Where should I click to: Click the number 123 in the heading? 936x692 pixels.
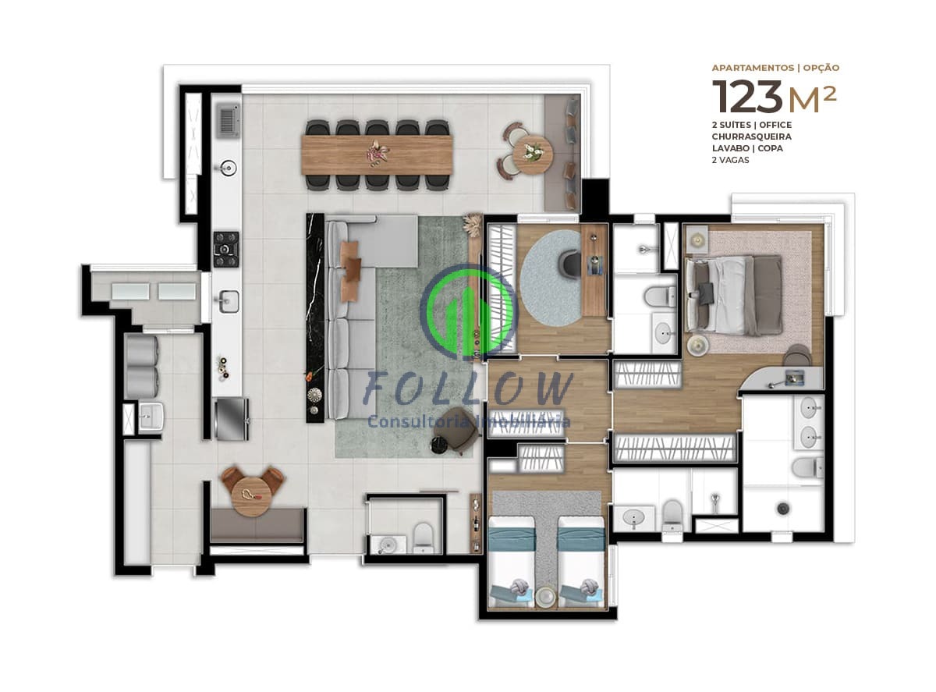747,97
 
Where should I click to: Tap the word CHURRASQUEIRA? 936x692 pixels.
750,137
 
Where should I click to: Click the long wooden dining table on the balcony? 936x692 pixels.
377,154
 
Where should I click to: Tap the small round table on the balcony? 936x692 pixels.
533,153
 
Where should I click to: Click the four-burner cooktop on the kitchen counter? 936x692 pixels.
226,249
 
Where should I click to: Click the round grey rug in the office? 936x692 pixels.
552,278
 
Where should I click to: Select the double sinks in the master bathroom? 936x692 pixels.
809,422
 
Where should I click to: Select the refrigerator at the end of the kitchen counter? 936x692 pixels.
231,418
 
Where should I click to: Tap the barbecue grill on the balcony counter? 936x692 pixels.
227,120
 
